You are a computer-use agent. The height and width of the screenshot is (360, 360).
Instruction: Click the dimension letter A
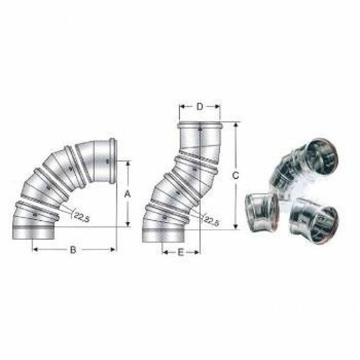pyautogui.click(x=126, y=194)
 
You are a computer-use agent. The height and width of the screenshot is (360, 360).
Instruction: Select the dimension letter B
pyautogui.click(x=73, y=249)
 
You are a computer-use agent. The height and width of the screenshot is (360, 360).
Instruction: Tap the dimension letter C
pyautogui.click(x=235, y=175)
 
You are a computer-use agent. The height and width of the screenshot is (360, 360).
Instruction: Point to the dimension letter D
pyautogui.click(x=199, y=107)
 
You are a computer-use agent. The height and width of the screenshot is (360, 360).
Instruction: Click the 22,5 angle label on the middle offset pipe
pyautogui.click(x=211, y=220)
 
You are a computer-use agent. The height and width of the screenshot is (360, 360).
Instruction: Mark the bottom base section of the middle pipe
pyautogui.click(x=164, y=233)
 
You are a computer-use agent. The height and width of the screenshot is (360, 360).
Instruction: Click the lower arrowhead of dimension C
pyautogui.click(x=235, y=228)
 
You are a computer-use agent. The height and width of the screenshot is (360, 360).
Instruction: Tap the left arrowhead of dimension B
pyautogui.click(x=35, y=249)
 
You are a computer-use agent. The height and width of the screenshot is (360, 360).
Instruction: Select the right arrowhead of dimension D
pyautogui.click(x=218, y=107)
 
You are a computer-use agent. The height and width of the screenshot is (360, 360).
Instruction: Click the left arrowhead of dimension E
pyautogui.click(x=164, y=251)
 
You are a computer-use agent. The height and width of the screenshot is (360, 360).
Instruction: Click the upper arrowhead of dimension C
pyautogui.click(x=235, y=125)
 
